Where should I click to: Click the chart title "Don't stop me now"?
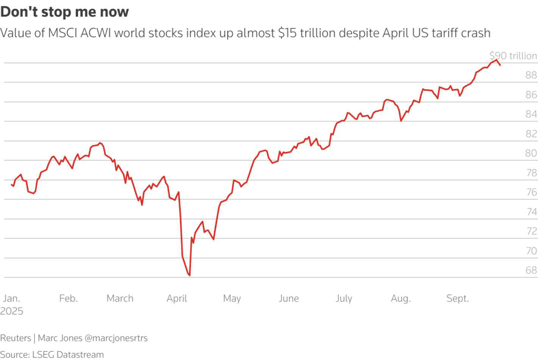(x=64, y=12)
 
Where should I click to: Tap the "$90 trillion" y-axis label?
(x=513, y=55)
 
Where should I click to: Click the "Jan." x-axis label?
(x=12, y=298)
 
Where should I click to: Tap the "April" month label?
(x=177, y=298)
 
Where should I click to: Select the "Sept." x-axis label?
(x=458, y=298)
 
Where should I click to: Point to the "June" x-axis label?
(x=289, y=298)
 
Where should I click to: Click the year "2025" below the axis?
(x=12, y=311)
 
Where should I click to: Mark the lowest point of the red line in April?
(x=189, y=275)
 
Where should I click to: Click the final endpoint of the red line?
(x=500, y=65)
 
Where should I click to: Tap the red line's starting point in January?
(x=12, y=185)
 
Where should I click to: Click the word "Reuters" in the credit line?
(x=16, y=338)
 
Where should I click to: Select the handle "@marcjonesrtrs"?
(x=116, y=338)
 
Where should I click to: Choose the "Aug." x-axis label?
(x=400, y=298)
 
